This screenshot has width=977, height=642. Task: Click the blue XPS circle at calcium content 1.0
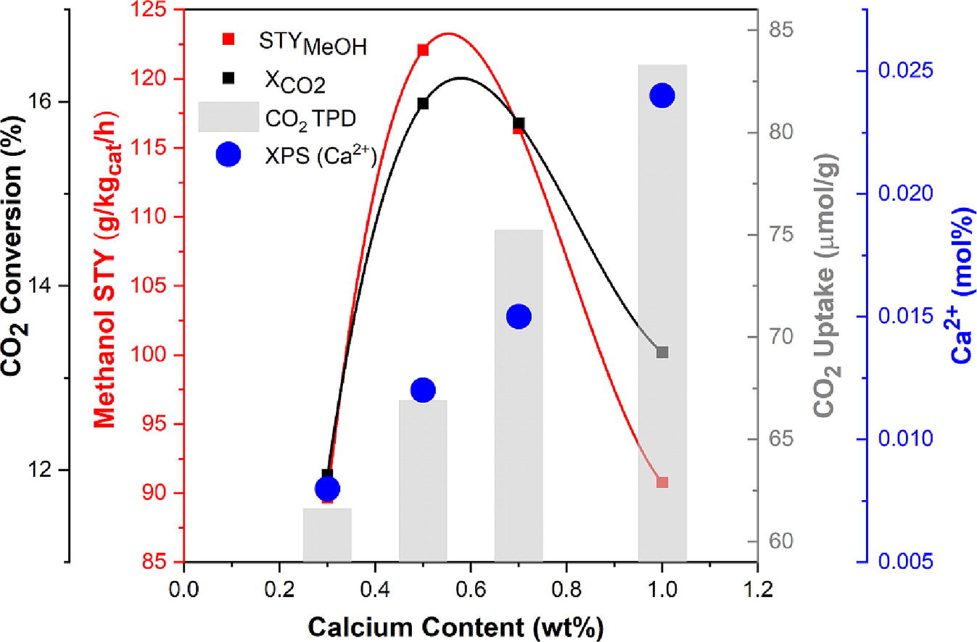[661, 96]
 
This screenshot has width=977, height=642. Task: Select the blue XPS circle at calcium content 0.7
[519, 317]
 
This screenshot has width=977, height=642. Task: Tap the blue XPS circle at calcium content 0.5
[423, 391]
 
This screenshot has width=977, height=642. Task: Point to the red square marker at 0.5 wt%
[423, 50]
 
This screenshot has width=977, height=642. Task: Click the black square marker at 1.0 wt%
[661, 352]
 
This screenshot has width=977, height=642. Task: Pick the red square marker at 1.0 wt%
[661, 482]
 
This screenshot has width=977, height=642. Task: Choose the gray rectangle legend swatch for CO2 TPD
[228, 117]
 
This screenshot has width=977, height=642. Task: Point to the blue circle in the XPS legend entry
[228, 154]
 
